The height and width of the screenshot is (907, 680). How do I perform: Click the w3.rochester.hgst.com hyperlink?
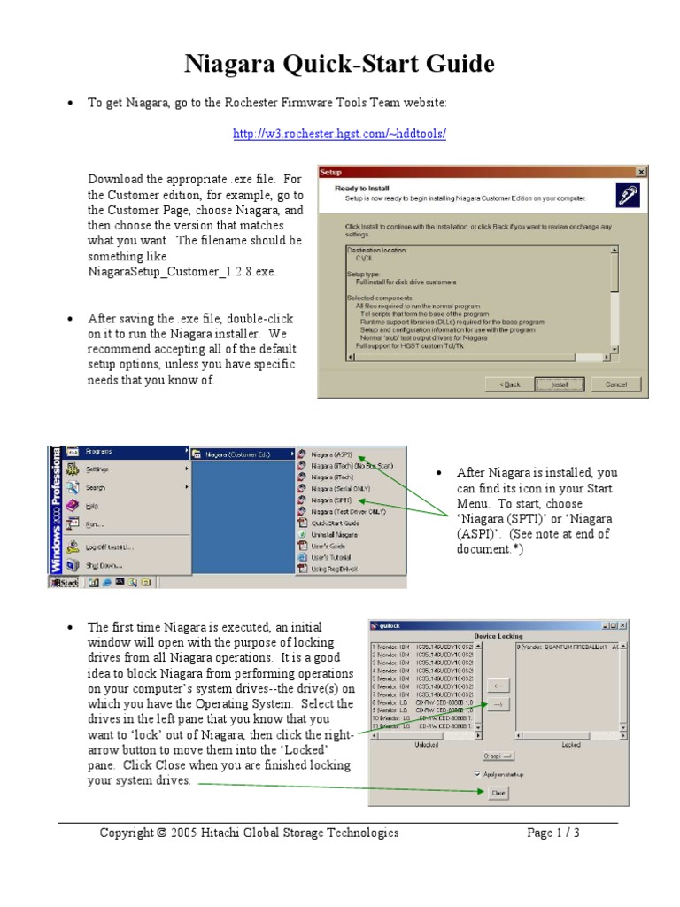[x=339, y=134]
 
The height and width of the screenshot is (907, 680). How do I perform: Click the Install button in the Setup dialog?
[x=560, y=384]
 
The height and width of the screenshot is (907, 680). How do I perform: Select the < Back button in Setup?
[x=510, y=384]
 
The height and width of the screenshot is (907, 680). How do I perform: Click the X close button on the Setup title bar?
[x=641, y=172]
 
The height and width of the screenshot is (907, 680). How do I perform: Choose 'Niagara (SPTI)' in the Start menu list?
[x=330, y=500]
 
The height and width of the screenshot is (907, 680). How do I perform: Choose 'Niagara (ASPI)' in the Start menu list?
[x=331, y=453]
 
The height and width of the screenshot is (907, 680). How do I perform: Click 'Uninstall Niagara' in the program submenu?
[x=334, y=535]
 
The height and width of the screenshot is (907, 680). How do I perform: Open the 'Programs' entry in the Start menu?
[x=98, y=452]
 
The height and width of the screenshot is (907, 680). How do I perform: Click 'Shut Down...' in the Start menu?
[x=104, y=565]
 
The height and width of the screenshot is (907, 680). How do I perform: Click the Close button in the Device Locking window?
[x=498, y=793]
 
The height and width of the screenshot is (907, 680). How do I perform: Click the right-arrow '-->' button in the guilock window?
[x=498, y=705]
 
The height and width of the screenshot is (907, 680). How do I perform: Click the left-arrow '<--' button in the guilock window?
[x=498, y=685]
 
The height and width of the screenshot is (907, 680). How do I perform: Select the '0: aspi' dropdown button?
[x=498, y=756]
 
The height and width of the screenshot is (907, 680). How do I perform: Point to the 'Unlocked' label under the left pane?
[x=427, y=745]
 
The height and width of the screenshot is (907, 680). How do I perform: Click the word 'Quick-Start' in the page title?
[x=366, y=64]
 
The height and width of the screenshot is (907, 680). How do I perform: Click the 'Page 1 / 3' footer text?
[x=553, y=833]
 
